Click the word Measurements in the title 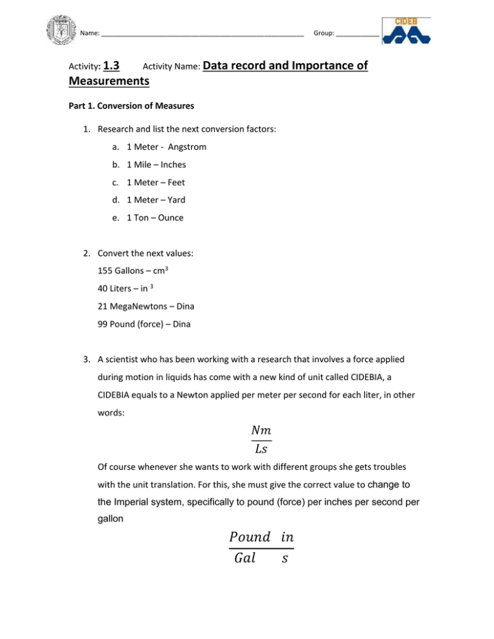pyautogui.click(x=109, y=82)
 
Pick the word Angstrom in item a pyautogui.click(x=185, y=147)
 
